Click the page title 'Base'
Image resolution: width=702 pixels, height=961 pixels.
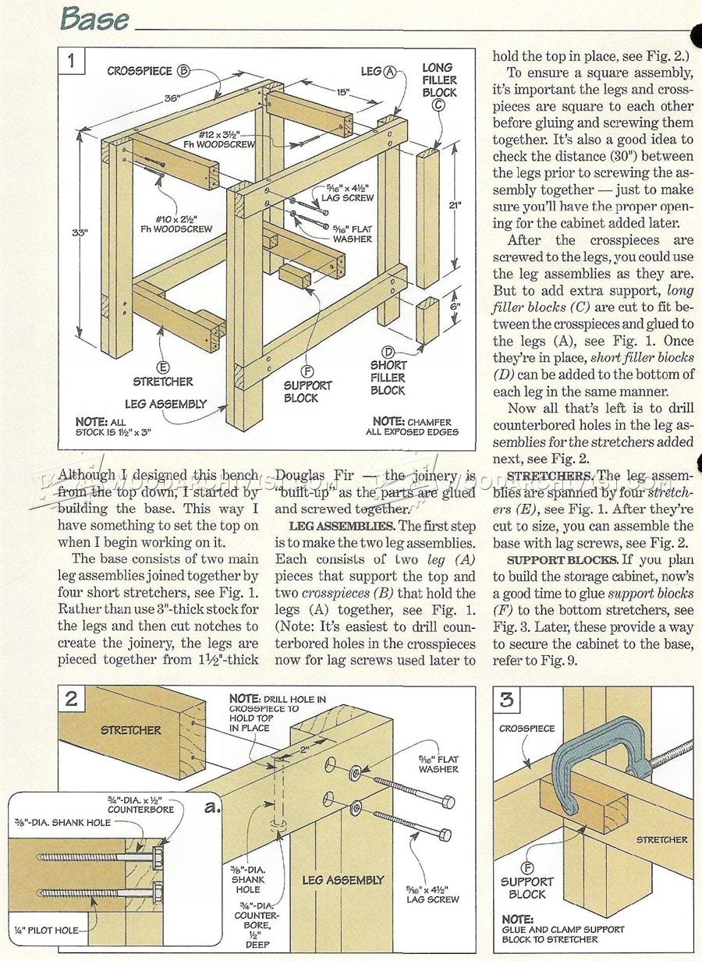tap(95, 19)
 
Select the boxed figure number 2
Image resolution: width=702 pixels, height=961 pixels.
tap(72, 698)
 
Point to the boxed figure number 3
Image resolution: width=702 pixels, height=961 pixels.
tap(508, 700)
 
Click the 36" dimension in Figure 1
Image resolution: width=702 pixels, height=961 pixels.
tap(172, 99)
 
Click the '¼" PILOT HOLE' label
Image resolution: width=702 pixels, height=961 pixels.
tap(44, 930)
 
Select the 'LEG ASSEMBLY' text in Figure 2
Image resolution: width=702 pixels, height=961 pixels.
tap(343, 879)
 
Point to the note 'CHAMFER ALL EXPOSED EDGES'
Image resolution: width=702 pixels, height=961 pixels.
tap(415, 426)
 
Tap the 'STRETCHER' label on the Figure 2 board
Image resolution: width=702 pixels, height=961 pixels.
tap(131, 730)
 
